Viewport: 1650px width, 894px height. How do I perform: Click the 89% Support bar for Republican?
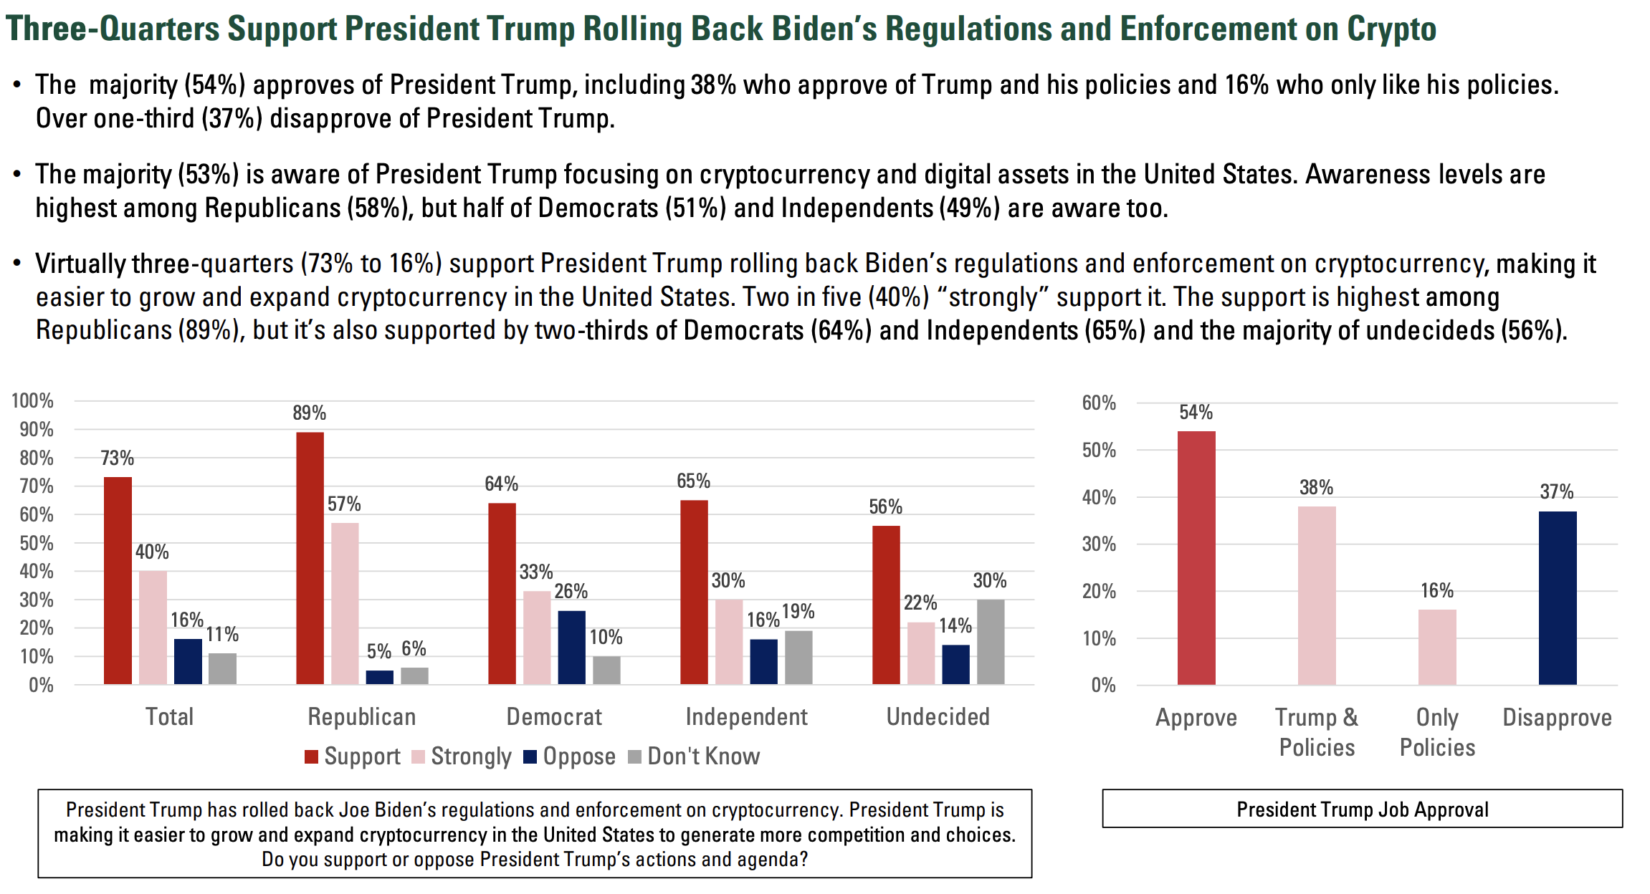point(310,558)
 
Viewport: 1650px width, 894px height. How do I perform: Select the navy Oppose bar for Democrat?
point(572,648)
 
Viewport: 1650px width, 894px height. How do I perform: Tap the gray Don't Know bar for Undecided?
point(991,642)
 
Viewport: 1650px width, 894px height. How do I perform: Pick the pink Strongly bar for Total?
point(153,628)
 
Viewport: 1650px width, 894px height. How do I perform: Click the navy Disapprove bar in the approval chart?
point(1557,598)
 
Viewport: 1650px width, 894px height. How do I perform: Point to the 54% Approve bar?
point(1196,558)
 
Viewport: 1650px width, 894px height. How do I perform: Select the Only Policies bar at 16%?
point(1436,647)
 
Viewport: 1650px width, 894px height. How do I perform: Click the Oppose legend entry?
point(570,756)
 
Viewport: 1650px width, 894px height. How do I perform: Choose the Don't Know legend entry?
point(694,756)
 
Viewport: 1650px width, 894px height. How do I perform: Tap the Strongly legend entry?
point(462,756)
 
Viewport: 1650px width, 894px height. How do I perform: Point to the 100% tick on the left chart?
point(33,400)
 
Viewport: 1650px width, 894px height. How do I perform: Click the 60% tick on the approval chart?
point(1099,403)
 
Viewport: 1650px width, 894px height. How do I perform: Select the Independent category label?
point(746,716)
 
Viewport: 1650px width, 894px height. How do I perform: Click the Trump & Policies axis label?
point(1317,732)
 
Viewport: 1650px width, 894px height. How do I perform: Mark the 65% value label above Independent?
point(693,481)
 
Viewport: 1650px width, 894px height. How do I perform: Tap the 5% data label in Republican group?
point(378,651)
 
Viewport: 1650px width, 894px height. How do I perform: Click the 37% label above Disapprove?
point(1556,491)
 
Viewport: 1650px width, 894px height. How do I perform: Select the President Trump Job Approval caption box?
point(1362,809)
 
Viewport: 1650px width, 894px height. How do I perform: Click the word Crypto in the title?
point(1391,29)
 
